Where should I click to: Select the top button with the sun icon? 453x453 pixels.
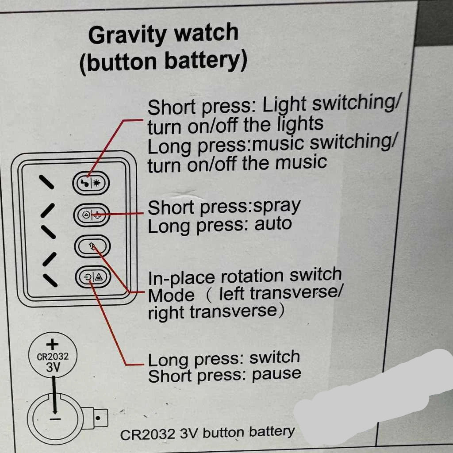pos(91,183)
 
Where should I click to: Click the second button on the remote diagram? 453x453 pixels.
pos(91,215)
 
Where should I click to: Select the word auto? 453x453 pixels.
pos(273,224)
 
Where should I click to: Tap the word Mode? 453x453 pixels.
pos(171,296)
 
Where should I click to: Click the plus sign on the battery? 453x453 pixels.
pos(53,344)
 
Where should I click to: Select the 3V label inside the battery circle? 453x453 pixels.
pos(53,367)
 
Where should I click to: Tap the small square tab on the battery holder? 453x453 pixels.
pos(101,416)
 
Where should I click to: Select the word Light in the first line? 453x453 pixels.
pos(284,105)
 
